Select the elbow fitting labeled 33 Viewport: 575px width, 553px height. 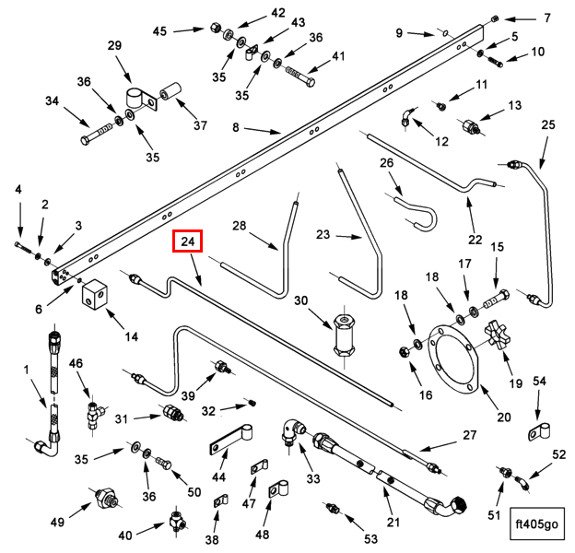[294, 431]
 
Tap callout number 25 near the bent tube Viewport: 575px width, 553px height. [548, 124]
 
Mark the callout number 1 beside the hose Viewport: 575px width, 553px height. [27, 370]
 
